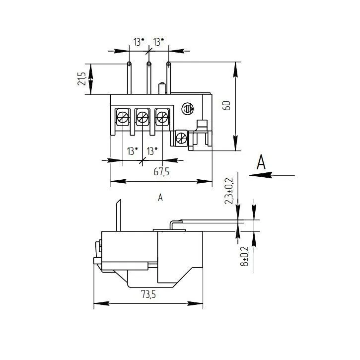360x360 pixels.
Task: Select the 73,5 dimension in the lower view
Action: (147, 294)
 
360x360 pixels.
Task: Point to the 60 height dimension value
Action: (226, 106)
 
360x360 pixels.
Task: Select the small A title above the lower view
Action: (160, 198)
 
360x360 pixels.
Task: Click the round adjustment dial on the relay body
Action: (188, 109)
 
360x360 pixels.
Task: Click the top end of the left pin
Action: (129, 64)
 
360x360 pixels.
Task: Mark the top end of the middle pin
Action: (148, 64)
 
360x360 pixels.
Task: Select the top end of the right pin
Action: (168, 64)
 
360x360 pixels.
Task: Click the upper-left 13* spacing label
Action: (139, 42)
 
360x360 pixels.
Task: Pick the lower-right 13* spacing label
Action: (151, 151)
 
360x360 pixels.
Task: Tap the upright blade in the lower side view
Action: (119, 216)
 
